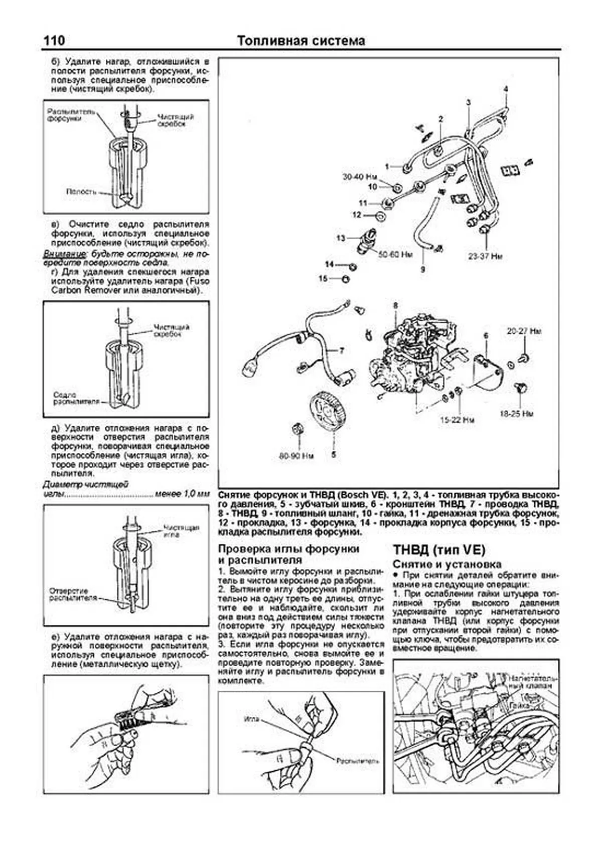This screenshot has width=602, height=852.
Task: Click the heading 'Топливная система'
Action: pos(300,41)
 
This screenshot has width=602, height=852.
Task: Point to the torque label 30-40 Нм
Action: pos(360,177)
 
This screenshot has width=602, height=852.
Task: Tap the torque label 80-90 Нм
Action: pos(296,456)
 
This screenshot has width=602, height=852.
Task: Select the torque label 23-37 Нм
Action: pos(485,257)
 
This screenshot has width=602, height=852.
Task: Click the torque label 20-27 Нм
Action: pos(524,332)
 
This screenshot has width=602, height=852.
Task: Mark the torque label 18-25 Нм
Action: pos(517,414)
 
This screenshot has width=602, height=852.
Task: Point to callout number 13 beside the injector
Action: pos(341,238)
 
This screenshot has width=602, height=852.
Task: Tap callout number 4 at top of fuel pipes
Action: pos(506,89)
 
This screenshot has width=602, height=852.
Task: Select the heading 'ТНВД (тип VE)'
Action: pos(439,549)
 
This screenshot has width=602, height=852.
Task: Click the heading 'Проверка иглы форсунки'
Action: pos(289,549)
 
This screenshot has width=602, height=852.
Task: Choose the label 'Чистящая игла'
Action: pos(181,531)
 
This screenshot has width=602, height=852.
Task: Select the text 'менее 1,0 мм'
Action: pos(182,494)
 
